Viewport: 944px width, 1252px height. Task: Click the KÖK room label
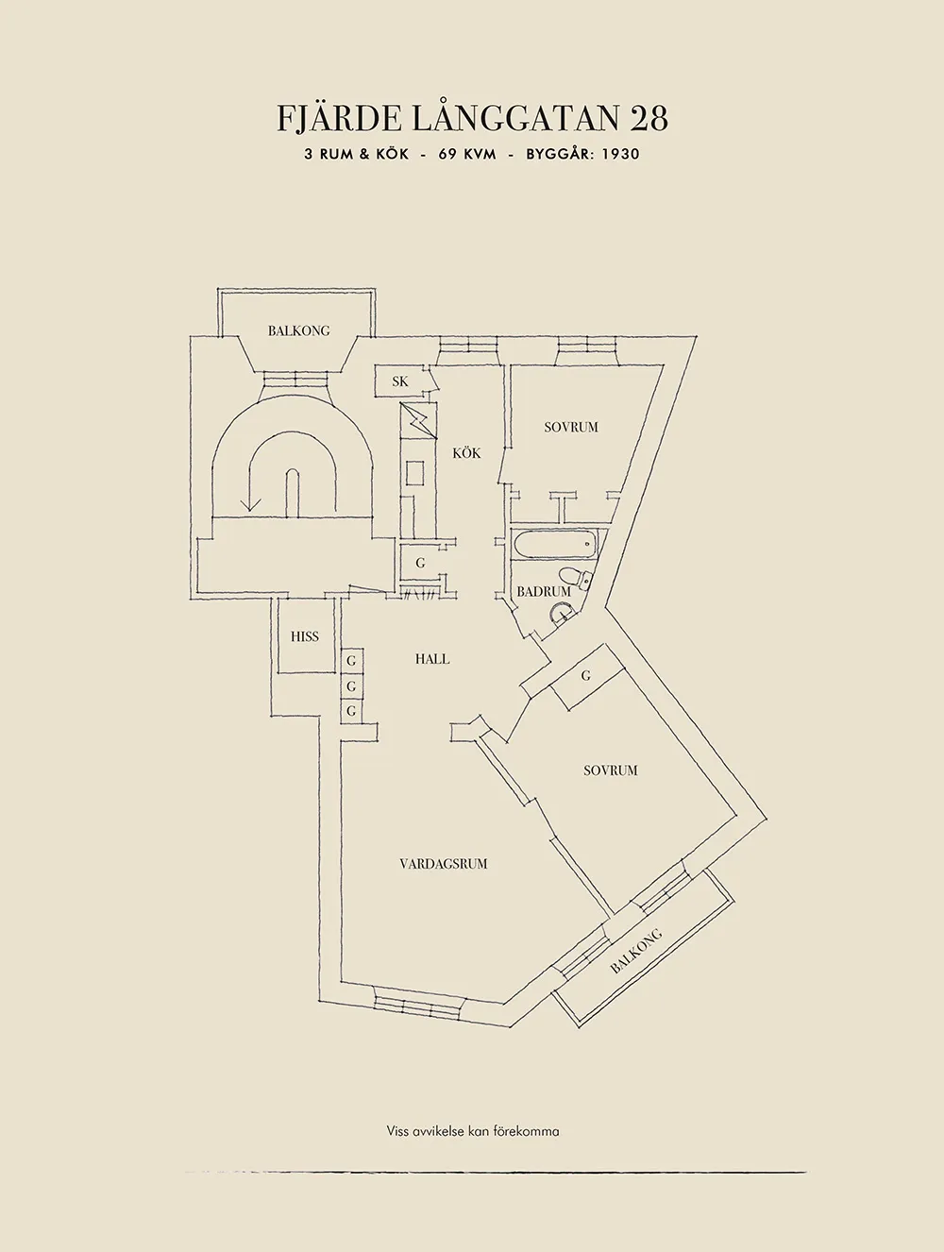pyautogui.click(x=467, y=453)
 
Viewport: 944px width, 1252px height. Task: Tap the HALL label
pyautogui.click(x=432, y=659)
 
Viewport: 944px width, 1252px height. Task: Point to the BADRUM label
pyautogui.click(x=544, y=592)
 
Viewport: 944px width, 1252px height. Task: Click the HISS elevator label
pyautogui.click(x=304, y=636)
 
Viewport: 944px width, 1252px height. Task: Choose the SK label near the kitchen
pyautogui.click(x=400, y=381)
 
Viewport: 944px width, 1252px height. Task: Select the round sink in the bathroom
pyautogui.click(x=562, y=615)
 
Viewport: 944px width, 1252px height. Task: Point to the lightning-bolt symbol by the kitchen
pyautogui.click(x=419, y=420)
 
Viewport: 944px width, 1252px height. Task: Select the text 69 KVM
pyautogui.click(x=467, y=154)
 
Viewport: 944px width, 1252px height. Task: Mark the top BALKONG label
pyautogui.click(x=298, y=330)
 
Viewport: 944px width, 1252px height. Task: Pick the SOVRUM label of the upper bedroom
pyautogui.click(x=571, y=427)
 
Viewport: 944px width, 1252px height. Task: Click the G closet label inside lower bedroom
pyautogui.click(x=586, y=676)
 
